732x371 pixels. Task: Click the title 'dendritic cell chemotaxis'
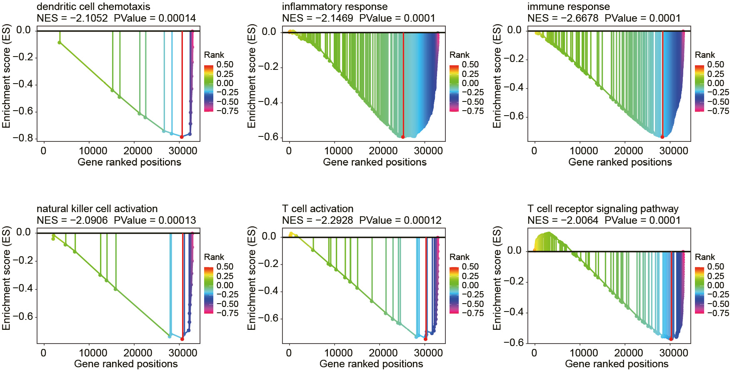click(93, 7)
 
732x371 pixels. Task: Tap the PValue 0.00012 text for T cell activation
click(423, 220)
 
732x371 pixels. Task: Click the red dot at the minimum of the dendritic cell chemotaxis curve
click(182, 137)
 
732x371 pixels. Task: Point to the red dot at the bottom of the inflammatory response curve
click(403, 137)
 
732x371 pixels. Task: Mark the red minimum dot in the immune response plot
click(662, 137)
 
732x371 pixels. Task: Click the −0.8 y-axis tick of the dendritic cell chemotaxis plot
click(24, 138)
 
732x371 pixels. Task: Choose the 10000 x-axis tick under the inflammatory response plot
click(338, 151)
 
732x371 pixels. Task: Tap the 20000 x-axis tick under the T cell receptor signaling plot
click(628, 353)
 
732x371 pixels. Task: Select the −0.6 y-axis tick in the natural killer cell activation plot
click(24, 317)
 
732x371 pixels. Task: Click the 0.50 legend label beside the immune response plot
click(715, 64)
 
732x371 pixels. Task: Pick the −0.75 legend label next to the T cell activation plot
click(472, 313)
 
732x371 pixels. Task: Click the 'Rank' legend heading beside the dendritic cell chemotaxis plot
click(214, 55)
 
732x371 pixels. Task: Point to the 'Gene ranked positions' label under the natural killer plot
click(126, 364)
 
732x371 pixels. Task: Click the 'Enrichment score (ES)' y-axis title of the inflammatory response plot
click(252, 76)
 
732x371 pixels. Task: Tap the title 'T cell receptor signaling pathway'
click(603, 209)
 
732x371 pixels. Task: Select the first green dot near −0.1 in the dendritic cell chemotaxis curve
click(60, 42)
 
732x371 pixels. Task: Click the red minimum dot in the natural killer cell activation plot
click(182, 339)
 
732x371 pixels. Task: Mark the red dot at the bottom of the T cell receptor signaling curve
click(671, 339)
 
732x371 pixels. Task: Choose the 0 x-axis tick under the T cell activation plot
click(289, 353)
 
